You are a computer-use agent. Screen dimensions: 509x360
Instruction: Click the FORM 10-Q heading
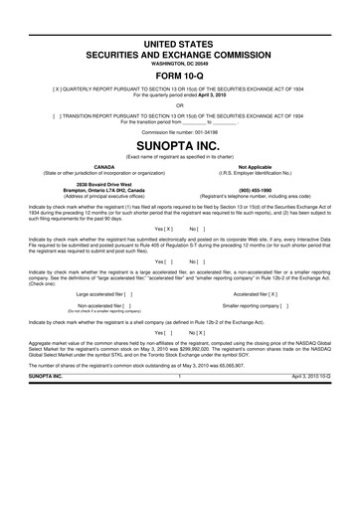pos(180,72)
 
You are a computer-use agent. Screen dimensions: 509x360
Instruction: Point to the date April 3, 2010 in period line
pos(222,94)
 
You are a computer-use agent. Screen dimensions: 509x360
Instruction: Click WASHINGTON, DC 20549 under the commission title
pos(180,56)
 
